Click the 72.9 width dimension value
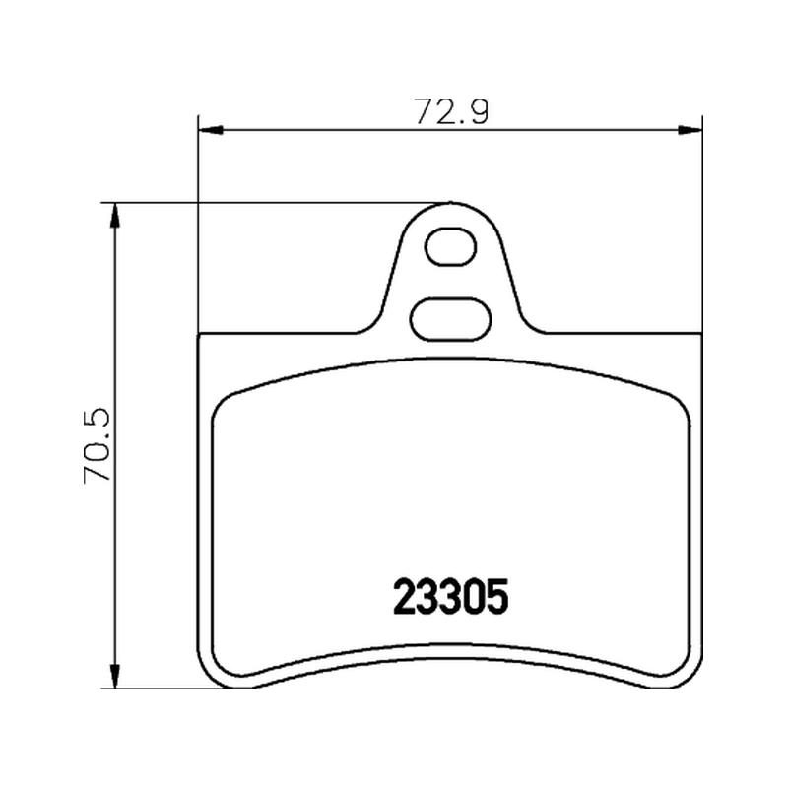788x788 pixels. click(451, 111)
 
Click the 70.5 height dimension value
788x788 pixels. click(97, 446)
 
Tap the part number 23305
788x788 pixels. click(451, 597)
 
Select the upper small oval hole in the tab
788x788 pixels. click(451, 246)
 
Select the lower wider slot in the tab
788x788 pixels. click(451, 319)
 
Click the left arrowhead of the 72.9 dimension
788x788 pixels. click(210, 130)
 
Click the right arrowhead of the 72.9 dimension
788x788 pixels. click(690, 130)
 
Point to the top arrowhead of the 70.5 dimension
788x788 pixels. click(115, 215)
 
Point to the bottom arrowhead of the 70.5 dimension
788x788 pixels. click(115, 676)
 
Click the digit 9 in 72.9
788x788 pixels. click(477, 111)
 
